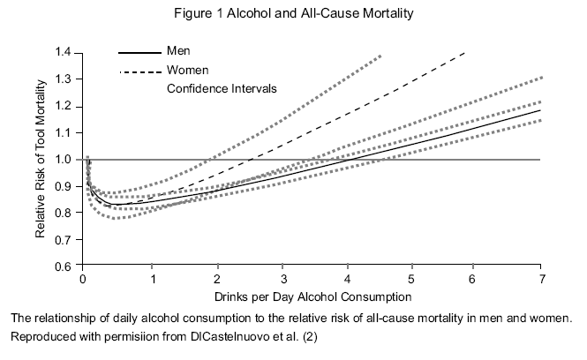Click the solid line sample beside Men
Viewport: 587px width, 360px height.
(x=139, y=51)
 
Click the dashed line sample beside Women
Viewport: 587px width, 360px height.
(x=139, y=71)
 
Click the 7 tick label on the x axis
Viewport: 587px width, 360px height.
(x=540, y=279)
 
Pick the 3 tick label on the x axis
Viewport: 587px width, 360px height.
(x=282, y=279)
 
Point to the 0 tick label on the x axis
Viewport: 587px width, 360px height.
(x=82, y=279)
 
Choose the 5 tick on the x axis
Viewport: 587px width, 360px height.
(x=411, y=279)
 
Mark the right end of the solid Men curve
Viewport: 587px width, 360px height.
(x=540, y=110)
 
